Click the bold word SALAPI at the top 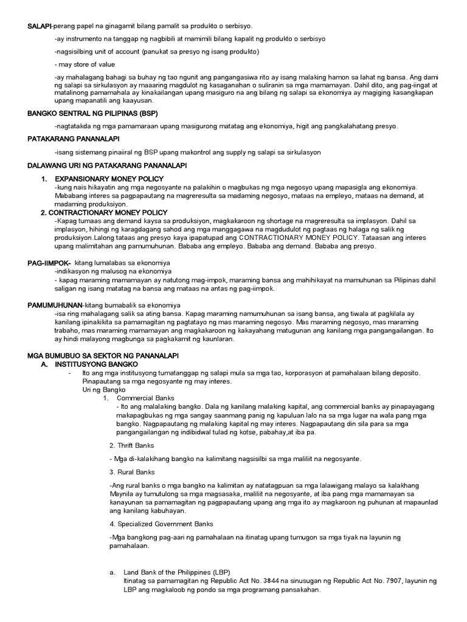coord(40,26)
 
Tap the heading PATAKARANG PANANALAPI coord(74,139)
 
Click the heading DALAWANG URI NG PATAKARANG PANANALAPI coord(108,165)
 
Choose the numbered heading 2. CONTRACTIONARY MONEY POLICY coord(103,213)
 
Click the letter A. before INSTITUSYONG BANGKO coord(43,362)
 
